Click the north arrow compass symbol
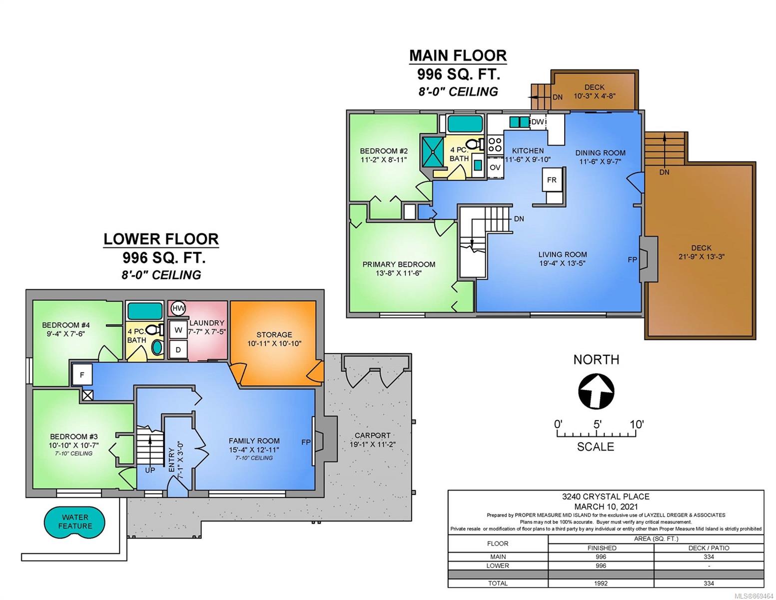click(596, 391)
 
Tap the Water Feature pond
click(74, 521)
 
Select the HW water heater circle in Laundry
click(178, 308)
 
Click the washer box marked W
click(178, 330)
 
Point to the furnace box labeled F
click(82, 374)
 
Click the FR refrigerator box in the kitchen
click(551, 179)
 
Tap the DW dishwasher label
click(538, 122)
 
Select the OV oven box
click(495, 167)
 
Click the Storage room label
click(274, 334)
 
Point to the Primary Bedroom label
click(399, 264)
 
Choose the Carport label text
click(372, 435)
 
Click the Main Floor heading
click(458, 55)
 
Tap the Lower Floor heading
click(161, 239)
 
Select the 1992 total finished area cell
click(601, 583)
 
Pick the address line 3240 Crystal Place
click(606, 496)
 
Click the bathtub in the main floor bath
click(465, 124)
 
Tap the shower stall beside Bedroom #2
click(432, 151)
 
